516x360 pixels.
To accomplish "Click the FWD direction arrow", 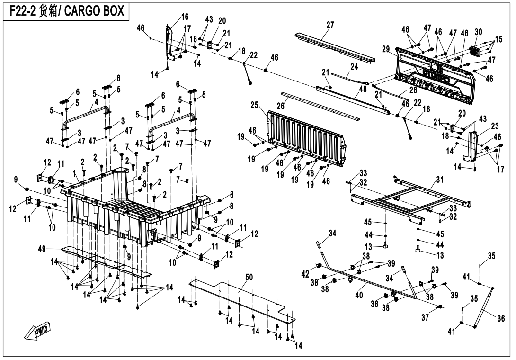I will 37,332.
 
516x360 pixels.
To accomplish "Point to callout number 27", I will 330,25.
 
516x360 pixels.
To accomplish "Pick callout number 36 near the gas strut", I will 501,318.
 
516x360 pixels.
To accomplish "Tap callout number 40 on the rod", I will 359,295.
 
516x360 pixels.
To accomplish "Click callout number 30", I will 478,32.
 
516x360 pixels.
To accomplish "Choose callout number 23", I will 495,126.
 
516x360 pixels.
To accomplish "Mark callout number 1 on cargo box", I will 74,175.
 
